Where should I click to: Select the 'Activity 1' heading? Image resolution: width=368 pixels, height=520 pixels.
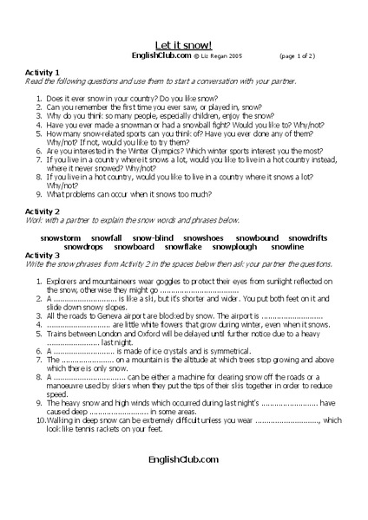pyautogui.click(x=45, y=72)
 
